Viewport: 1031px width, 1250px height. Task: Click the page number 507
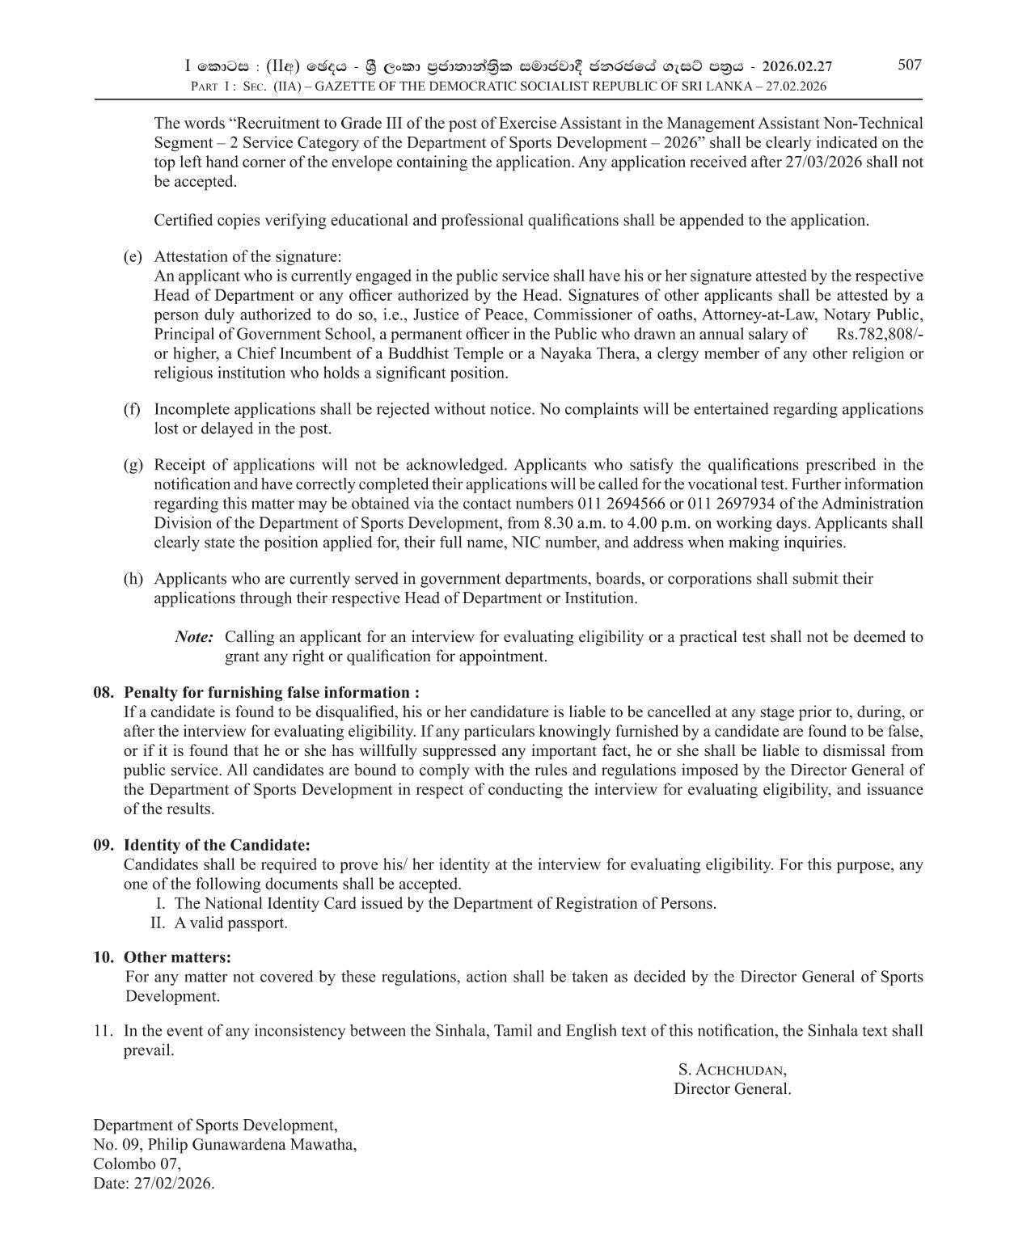[x=909, y=65]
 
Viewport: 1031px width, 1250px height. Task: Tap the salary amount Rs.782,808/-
[x=880, y=334]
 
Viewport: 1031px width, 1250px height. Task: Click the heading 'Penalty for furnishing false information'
[x=271, y=693]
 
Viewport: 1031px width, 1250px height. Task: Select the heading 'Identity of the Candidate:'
[x=216, y=845]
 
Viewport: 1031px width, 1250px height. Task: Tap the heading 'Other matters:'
[x=177, y=957]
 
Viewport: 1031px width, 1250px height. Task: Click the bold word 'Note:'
[x=194, y=637]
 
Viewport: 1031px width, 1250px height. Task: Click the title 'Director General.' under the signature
[x=732, y=1089]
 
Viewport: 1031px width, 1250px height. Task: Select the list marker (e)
[x=133, y=257]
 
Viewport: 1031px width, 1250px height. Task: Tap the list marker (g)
[x=133, y=465]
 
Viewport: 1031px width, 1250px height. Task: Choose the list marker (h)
[x=133, y=579]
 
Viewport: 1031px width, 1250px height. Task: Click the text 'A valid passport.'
[x=230, y=923]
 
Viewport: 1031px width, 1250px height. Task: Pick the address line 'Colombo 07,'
[x=137, y=1164]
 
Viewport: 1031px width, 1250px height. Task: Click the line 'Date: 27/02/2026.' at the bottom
[x=154, y=1184]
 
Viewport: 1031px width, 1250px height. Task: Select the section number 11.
[x=103, y=1031]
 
